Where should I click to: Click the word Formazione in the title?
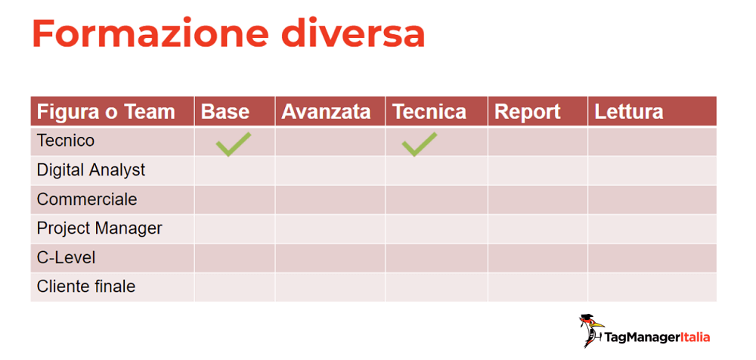click(150, 34)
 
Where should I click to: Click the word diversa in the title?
click(353, 34)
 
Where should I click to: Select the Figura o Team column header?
click(106, 112)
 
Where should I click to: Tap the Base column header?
click(225, 112)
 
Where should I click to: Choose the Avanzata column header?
click(326, 112)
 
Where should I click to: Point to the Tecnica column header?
click(429, 112)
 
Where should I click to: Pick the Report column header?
click(527, 112)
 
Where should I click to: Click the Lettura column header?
click(629, 112)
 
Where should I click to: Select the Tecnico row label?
click(66, 141)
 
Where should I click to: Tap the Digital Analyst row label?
click(91, 170)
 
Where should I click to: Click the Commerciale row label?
click(87, 199)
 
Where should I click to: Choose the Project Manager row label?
click(99, 228)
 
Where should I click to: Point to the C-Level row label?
click(66, 257)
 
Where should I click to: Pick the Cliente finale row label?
click(86, 287)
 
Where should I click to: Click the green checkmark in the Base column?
click(233, 144)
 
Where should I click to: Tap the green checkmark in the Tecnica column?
click(419, 144)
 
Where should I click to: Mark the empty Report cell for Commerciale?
click(538, 200)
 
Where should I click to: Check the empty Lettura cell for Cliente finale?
click(652, 287)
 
